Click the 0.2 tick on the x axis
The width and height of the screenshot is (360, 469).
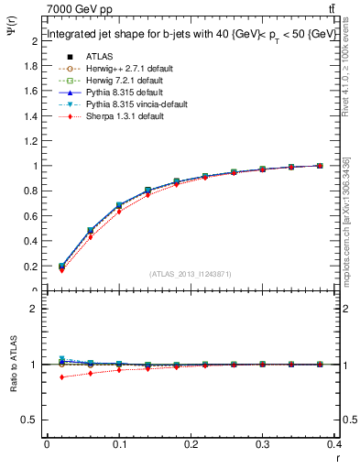tap(191, 444)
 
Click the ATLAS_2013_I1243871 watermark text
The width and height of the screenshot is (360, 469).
tap(191, 274)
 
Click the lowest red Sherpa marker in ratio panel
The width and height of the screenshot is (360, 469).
tap(61, 377)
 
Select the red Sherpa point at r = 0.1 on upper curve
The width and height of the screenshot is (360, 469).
tap(119, 212)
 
